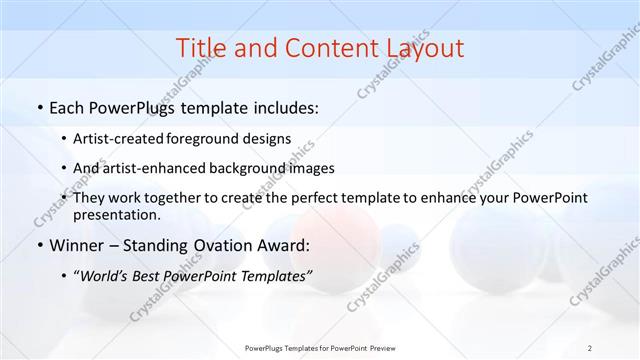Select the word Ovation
coord(222,245)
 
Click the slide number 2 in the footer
coord(590,347)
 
